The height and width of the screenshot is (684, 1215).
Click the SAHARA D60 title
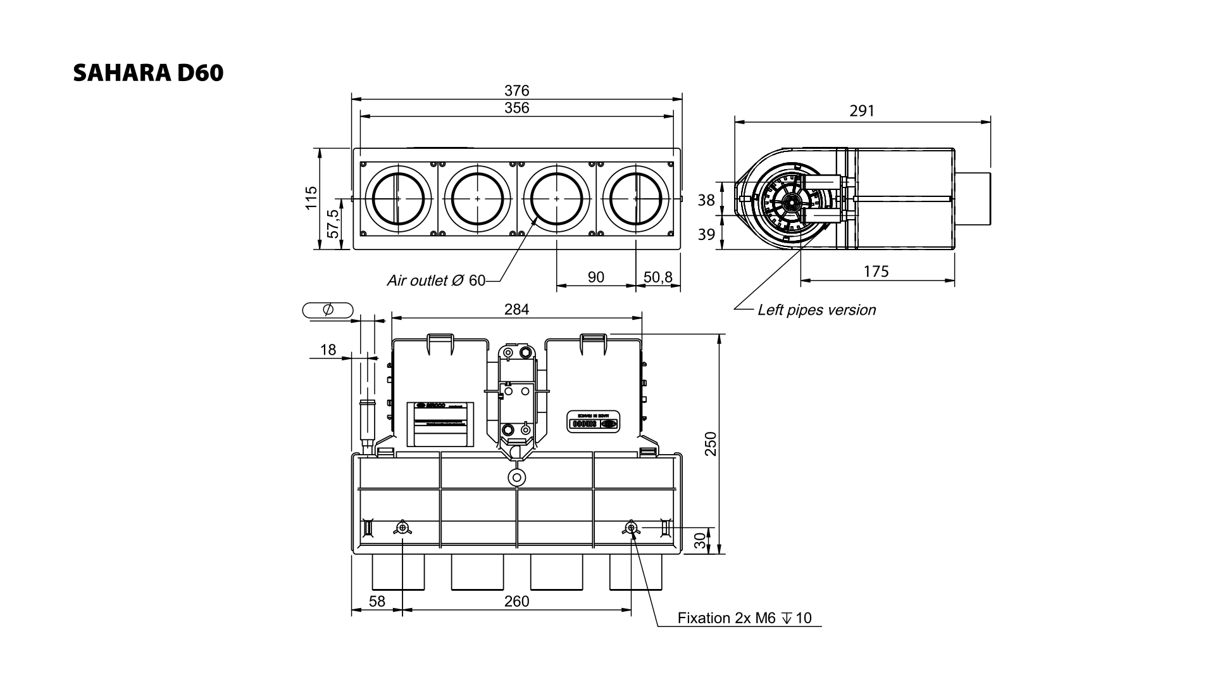[148, 73]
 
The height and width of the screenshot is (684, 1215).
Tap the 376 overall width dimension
[516, 91]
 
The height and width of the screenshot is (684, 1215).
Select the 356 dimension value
[516, 108]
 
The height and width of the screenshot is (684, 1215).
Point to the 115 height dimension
[311, 198]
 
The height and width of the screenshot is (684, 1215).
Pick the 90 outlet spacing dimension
[596, 277]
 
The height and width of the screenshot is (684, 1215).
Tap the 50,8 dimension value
[658, 277]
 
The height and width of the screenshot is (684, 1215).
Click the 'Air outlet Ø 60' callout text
[436, 281]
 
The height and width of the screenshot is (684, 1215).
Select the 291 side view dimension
[862, 111]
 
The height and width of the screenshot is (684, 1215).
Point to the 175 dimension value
[876, 272]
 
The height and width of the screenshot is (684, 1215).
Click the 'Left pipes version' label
[816, 310]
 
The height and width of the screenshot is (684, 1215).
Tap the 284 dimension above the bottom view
[516, 310]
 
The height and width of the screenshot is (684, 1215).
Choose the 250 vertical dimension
[711, 443]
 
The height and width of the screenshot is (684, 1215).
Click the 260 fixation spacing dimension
[516, 601]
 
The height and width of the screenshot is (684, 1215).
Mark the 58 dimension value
[377, 601]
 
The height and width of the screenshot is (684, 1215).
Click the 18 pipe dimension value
[328, 350]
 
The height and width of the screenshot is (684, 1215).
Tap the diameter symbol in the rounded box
[328, 310]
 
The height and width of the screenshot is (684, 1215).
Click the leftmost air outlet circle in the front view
[398, 199]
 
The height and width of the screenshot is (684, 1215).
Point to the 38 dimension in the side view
[706, 200]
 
